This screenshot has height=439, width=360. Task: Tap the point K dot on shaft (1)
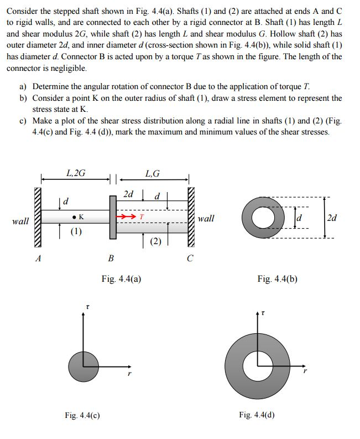pyautogui.click(x=74, y=216)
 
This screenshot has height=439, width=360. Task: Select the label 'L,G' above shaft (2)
pyautogui.click(x=152, y=173)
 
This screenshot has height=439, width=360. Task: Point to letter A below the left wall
pyautogui.click(x=38, y=257)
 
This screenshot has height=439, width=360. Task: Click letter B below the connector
pyautogui.click(x=111, y=257)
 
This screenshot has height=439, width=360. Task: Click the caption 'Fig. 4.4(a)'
pyautogui.click(x=121, y=279)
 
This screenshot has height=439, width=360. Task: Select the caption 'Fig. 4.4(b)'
pyautogui.click(x=278, y=279)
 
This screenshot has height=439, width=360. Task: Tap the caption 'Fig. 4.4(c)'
pyautogui.click(x=82, y=414)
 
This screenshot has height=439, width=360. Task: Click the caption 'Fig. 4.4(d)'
pyautogui.click(x=257, y=414)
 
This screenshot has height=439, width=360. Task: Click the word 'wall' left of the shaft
pyautogui.click(x=20, y=221)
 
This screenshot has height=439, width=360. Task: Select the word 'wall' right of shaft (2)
pyautogui.click(x=206, y=219)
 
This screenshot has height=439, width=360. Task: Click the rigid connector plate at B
pyautogui.click(x=112, y=217)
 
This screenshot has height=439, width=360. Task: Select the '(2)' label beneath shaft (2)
pyautogui.click(x=156, y=241)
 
